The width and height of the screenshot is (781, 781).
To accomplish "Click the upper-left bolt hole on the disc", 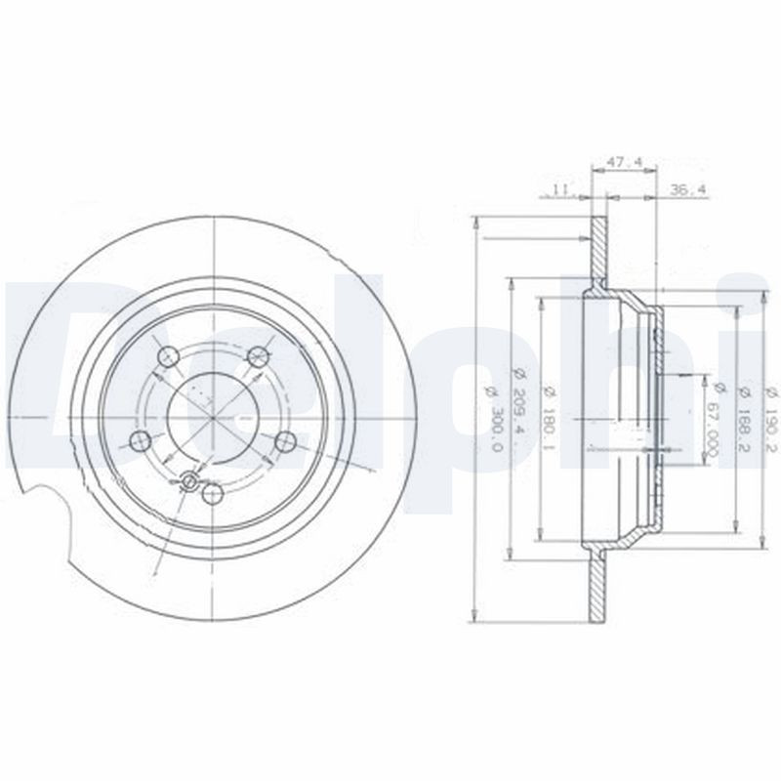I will (167, 356).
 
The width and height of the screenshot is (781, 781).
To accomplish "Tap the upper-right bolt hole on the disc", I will (258, 355).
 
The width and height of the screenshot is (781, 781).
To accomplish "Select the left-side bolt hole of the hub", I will (140, 440).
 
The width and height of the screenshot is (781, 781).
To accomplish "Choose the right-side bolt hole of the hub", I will (285, 441).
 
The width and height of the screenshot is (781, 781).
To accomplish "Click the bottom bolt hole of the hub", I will (212, 494).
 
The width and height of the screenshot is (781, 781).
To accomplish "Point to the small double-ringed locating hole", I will (190, 480).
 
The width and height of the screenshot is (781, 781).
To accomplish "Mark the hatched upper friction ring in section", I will (596, 254).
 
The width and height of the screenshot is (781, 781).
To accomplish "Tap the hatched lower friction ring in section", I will (596, 581).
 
